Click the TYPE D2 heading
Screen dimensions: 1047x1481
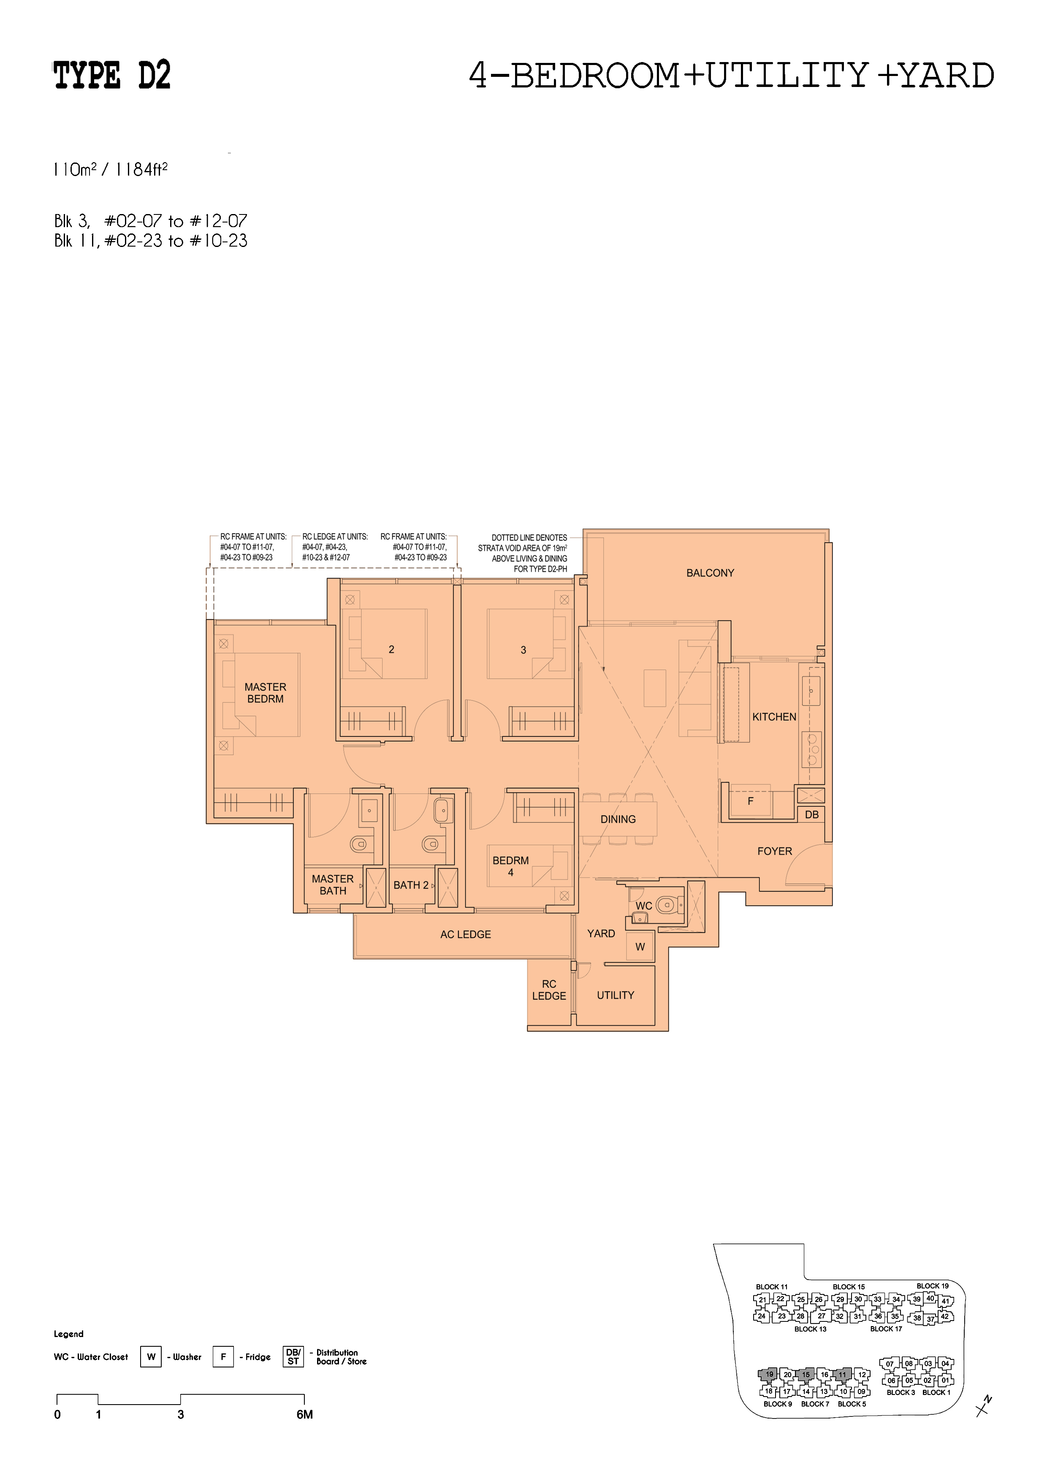click(111, 76)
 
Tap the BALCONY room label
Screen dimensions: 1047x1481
click(710, 573)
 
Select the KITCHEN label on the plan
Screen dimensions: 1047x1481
click(774, 716)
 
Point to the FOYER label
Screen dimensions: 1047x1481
click(774, 851)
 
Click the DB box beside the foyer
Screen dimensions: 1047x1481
click(811, 815)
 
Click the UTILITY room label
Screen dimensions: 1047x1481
click(616, 995)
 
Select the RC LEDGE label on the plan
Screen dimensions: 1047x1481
click(549, 990)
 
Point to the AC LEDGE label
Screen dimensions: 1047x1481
click(465, 934)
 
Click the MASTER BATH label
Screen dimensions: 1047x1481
click(333, 885)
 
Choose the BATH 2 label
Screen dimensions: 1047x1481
click(411, 885)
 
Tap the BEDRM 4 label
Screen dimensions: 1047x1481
click(510, 866)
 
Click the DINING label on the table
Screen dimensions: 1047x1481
click(618, 819)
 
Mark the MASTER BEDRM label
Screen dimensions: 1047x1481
click(265, 693)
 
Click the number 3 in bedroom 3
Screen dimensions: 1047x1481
click(523, 650)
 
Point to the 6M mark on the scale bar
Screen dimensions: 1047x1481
click(304, 1415)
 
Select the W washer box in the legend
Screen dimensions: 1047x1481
click(151, 1356)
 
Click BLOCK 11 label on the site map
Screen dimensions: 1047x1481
click(772, 1287)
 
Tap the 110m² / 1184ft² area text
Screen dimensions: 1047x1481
click(111, 170)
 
